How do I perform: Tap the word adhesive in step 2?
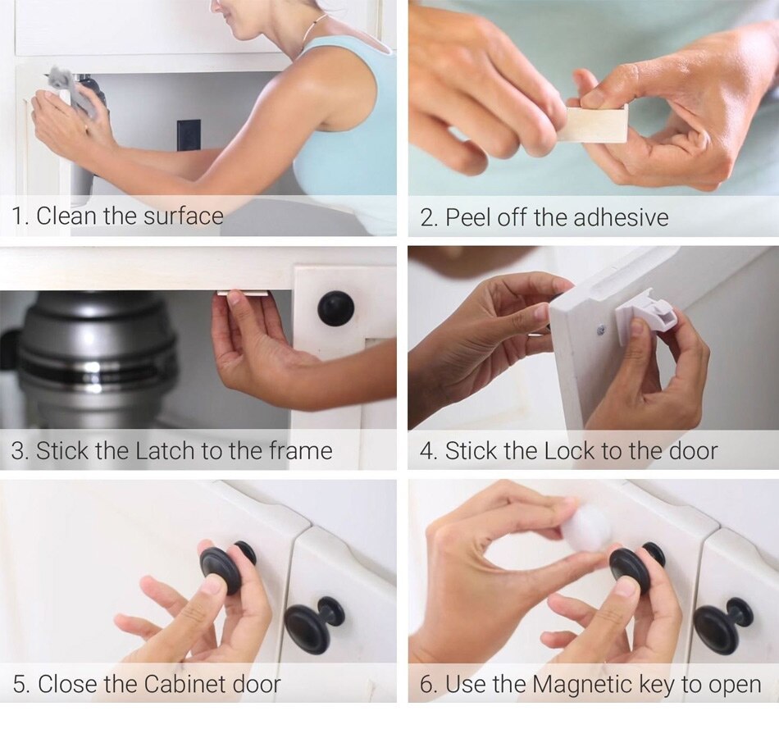(621, 217)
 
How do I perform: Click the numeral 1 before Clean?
(18, 216)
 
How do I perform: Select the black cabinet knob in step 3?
(336, 308)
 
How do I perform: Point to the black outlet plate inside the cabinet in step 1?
(189, 135)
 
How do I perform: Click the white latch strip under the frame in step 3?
(243, 292)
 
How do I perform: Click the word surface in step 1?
(183, 216)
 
